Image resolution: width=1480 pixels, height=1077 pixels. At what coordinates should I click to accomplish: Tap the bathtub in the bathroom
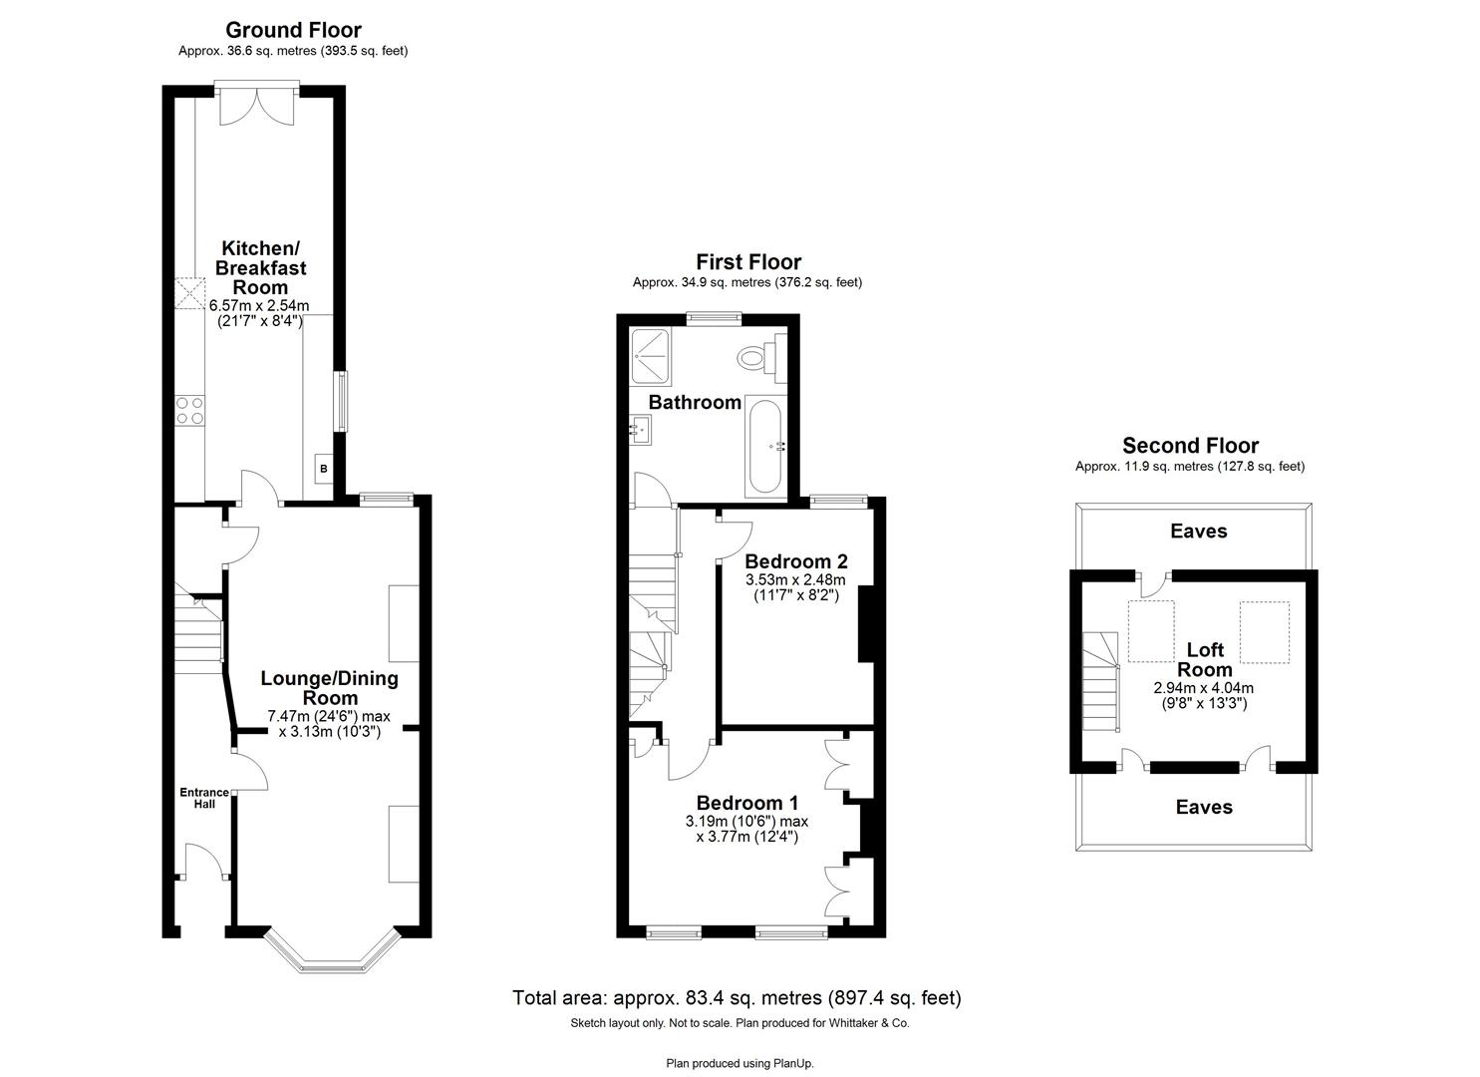point(765,447)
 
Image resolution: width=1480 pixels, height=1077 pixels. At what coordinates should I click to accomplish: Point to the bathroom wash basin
point(640,431)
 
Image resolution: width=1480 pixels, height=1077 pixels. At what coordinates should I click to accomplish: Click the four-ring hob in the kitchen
point(189,410)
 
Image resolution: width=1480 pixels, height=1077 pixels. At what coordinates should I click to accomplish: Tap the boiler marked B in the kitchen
point(323,469)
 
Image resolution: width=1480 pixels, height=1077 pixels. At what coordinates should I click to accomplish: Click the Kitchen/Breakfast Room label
point(263,267)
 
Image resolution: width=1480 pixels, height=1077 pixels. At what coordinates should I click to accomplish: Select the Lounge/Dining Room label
point(329,688)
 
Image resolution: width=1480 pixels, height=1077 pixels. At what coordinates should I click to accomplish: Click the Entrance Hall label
point(204,798)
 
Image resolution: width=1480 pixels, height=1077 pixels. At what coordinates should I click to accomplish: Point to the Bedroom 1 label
point(746,803)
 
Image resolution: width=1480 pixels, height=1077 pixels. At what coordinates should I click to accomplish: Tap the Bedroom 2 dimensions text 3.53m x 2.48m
point(795,580)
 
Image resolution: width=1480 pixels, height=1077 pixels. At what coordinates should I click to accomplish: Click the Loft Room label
point(1204,660)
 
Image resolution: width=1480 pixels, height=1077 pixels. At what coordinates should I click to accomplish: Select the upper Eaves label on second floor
point(1198,532)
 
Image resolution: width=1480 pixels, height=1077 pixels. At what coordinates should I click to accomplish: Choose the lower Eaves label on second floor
point(1203,807)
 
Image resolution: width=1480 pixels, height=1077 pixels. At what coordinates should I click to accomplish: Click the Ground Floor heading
point(293,30)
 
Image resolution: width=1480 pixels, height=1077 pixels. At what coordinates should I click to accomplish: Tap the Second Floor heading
point(1190,446)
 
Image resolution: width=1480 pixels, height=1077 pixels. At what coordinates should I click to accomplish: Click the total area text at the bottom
point(737,997)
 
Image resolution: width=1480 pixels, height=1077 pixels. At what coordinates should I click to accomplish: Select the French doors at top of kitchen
point(257,104)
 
